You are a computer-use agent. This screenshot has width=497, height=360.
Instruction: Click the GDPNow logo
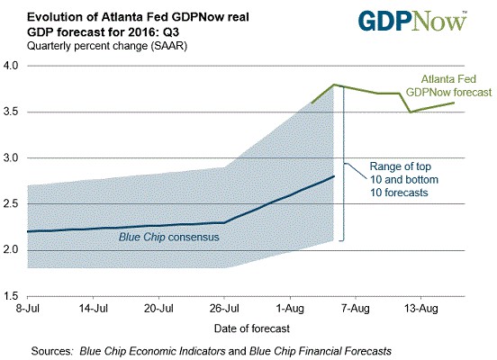[412, 21]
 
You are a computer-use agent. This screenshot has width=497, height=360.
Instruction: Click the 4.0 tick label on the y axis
[11, 66]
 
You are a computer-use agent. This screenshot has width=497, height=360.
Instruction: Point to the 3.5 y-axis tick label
[11, 112]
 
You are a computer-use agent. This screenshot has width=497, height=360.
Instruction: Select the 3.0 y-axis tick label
[11, 157]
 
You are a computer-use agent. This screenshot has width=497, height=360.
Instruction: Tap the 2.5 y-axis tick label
[11, 203]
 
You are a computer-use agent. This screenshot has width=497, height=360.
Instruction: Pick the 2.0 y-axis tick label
[11, 250]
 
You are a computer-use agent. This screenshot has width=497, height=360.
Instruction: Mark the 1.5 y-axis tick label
[11, 296]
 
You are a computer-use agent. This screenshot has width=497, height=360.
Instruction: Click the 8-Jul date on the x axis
[28, 308]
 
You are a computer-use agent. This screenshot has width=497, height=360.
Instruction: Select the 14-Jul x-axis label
[94, 308]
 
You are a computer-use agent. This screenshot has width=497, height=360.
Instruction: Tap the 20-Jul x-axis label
[158, 308]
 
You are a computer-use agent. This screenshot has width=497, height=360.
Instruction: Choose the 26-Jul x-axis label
[224, 308]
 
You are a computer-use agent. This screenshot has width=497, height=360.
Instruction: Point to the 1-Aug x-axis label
[290, 308]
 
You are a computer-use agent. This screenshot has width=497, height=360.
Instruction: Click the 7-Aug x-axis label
[356, 308]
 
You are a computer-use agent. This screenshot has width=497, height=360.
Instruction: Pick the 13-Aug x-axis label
[421, 308]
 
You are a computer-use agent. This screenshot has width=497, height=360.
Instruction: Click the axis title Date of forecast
[252, 328]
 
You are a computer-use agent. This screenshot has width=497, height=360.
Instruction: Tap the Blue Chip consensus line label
[169, 237]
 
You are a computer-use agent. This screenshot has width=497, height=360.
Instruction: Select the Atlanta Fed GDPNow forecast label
[448, 85]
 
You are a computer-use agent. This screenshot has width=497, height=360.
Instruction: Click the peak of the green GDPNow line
[334, 85]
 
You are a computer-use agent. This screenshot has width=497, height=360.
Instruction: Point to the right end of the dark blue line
[334, 176]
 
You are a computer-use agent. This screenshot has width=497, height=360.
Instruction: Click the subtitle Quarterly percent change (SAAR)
[107, 46]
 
